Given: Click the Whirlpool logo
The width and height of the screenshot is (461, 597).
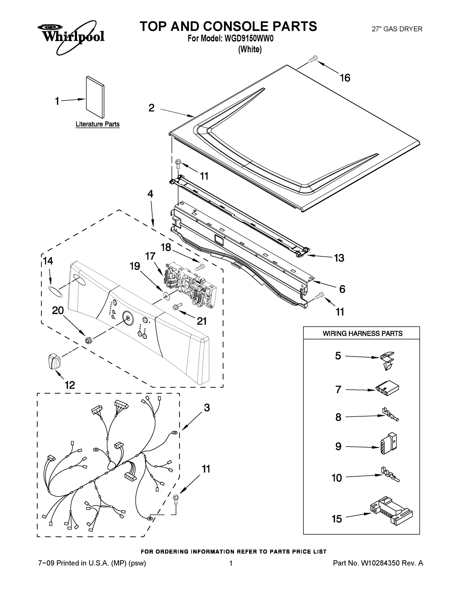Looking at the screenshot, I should pos(71,37).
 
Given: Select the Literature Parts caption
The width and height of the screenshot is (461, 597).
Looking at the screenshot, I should pos(97,124).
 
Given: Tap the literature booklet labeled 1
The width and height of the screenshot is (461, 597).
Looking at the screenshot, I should pos(95,98).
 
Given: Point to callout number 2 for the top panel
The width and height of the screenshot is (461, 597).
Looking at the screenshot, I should pos(152,108).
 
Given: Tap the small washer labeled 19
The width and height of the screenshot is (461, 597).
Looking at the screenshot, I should pos(166,295).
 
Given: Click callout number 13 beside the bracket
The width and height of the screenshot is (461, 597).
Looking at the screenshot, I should pos(339,258).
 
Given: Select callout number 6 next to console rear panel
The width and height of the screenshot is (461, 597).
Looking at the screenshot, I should pos(342,289).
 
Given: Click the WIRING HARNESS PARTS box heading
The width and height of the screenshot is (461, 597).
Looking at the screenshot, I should pos(362,333).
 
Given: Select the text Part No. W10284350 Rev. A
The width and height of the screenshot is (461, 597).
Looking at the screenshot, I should pos(378,563).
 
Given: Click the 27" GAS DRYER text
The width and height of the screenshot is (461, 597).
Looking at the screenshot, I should pos(397,29).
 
